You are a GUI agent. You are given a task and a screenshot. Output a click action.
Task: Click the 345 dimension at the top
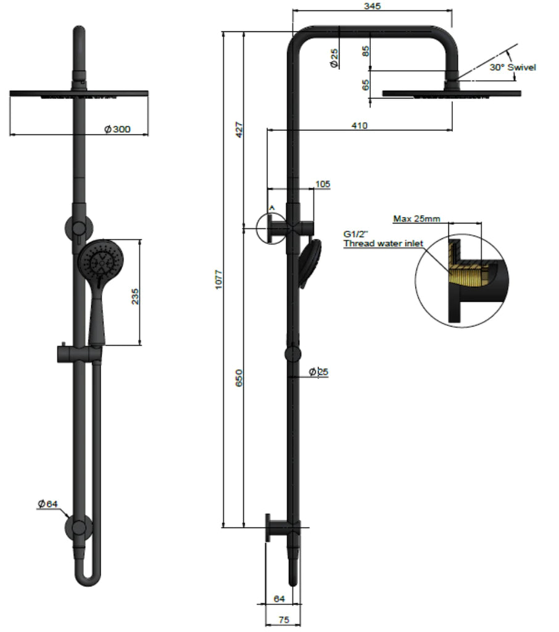pos(373,6)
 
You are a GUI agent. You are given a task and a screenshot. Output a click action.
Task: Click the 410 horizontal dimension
pos(359,125)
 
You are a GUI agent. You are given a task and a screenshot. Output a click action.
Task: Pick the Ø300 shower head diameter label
pos(117,129)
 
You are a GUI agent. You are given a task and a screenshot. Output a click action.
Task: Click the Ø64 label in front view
pos(46,504)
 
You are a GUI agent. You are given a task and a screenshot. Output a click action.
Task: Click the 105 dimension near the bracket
pos(322,184)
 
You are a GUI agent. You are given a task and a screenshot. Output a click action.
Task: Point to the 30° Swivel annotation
pos(513,67)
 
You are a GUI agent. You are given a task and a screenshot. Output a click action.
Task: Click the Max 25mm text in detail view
pos(416,218)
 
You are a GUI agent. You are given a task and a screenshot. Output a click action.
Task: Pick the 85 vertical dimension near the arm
pos(366,51)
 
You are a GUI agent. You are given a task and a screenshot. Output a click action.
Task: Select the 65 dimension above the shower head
pos(366,85)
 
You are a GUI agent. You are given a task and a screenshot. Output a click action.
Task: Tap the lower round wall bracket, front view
pos(79,527)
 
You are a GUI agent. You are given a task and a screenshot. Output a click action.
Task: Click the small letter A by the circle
pos(271,209)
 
